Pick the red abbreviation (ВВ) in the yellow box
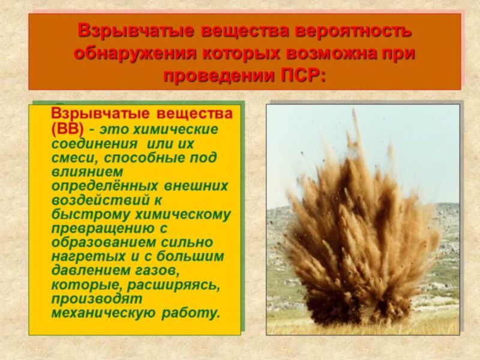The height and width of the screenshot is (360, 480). (x=67, y=129)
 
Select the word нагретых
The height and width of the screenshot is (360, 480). (x=88, y=257)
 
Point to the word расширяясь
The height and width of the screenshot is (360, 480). (x=173, y=286)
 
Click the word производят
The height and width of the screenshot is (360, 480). (x=97, y=299)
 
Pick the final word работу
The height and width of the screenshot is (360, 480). (x=191, y=313)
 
